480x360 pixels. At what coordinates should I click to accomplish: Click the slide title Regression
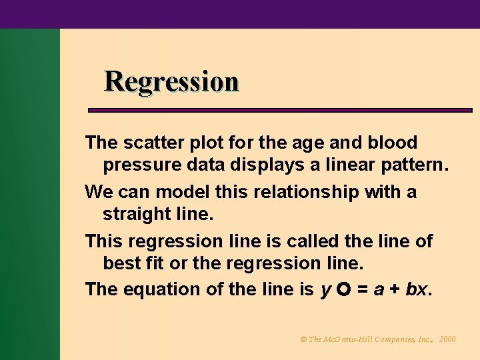[171, 81]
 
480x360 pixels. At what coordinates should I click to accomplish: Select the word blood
[393, 143]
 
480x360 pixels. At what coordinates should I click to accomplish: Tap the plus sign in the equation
[395, 290]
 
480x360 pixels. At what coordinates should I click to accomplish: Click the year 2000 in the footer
[447, 339]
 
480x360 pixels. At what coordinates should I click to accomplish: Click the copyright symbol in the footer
[303, 339]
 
